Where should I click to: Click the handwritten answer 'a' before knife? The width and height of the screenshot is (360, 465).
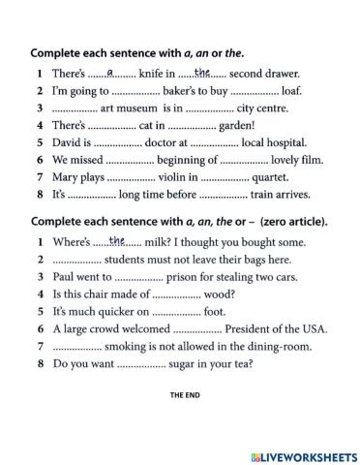point(109,71)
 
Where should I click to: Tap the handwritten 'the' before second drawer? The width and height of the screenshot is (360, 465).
point(202,71)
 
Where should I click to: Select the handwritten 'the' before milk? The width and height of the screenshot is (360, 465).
point(117,240)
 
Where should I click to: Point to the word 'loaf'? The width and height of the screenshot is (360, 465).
point(288,90)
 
